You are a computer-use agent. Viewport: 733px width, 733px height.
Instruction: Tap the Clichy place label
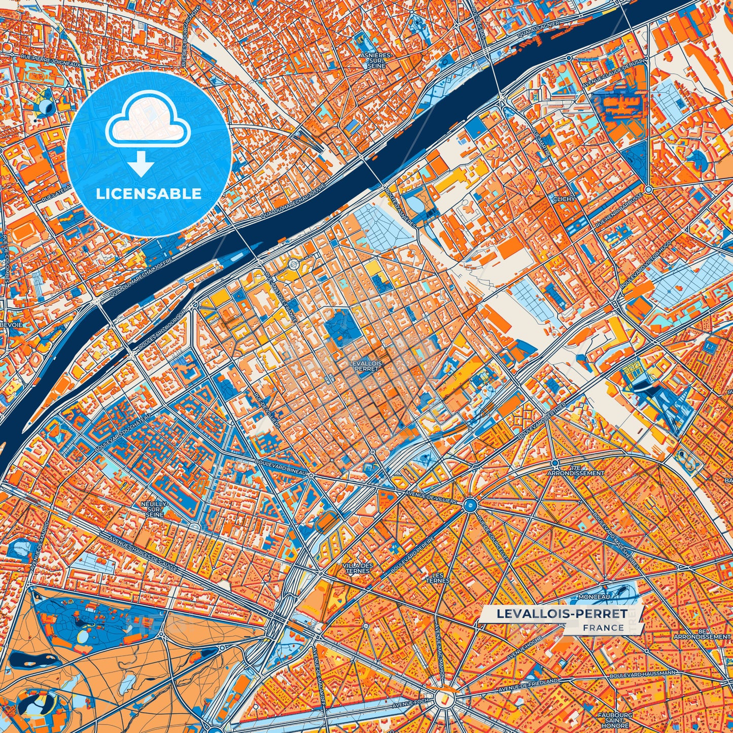(x=564, y=199)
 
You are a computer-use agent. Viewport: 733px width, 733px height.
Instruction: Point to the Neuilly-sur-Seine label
(x=155, y=509)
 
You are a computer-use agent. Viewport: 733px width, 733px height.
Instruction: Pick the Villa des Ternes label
(x=358, y=568)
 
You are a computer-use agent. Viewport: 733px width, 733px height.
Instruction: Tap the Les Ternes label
(x=437, y=578)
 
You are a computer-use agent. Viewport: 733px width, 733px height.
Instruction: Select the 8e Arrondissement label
(x=702, y=633)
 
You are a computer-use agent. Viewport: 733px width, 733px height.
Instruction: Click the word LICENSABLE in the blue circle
(x=149, y=194)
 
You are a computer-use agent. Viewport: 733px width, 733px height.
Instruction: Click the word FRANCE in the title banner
(x=603, y=627)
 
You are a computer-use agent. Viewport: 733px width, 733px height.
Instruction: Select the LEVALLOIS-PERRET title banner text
(x=562, y=613)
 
